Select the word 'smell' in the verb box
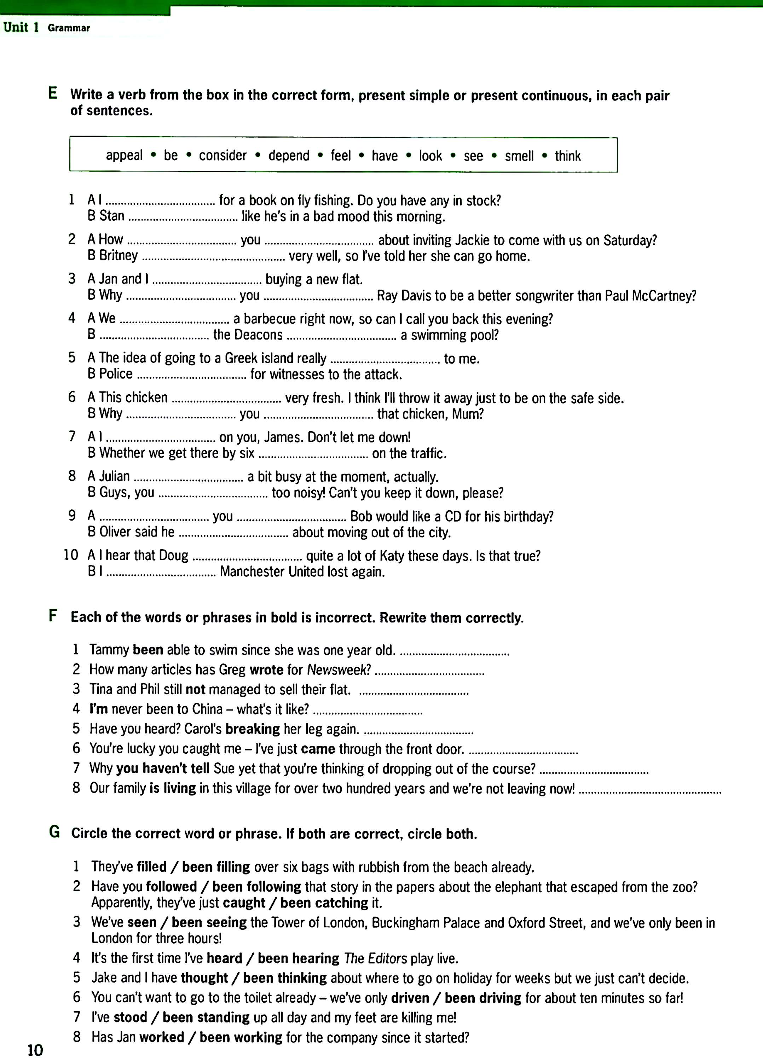point(519,156)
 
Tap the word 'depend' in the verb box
point(289,156)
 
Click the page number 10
point(35,1050)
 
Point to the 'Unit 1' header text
point(21,27)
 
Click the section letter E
point(53,93)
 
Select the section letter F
point(53,616)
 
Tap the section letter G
point(54,832)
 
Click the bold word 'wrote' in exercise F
point(267,669)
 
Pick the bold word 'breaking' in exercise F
point(253,729)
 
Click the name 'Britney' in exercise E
point(119,255)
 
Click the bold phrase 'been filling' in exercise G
point(216,867)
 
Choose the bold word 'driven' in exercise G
point(410,998)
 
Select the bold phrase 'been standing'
point(206,1017)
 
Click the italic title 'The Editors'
point(375,958)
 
